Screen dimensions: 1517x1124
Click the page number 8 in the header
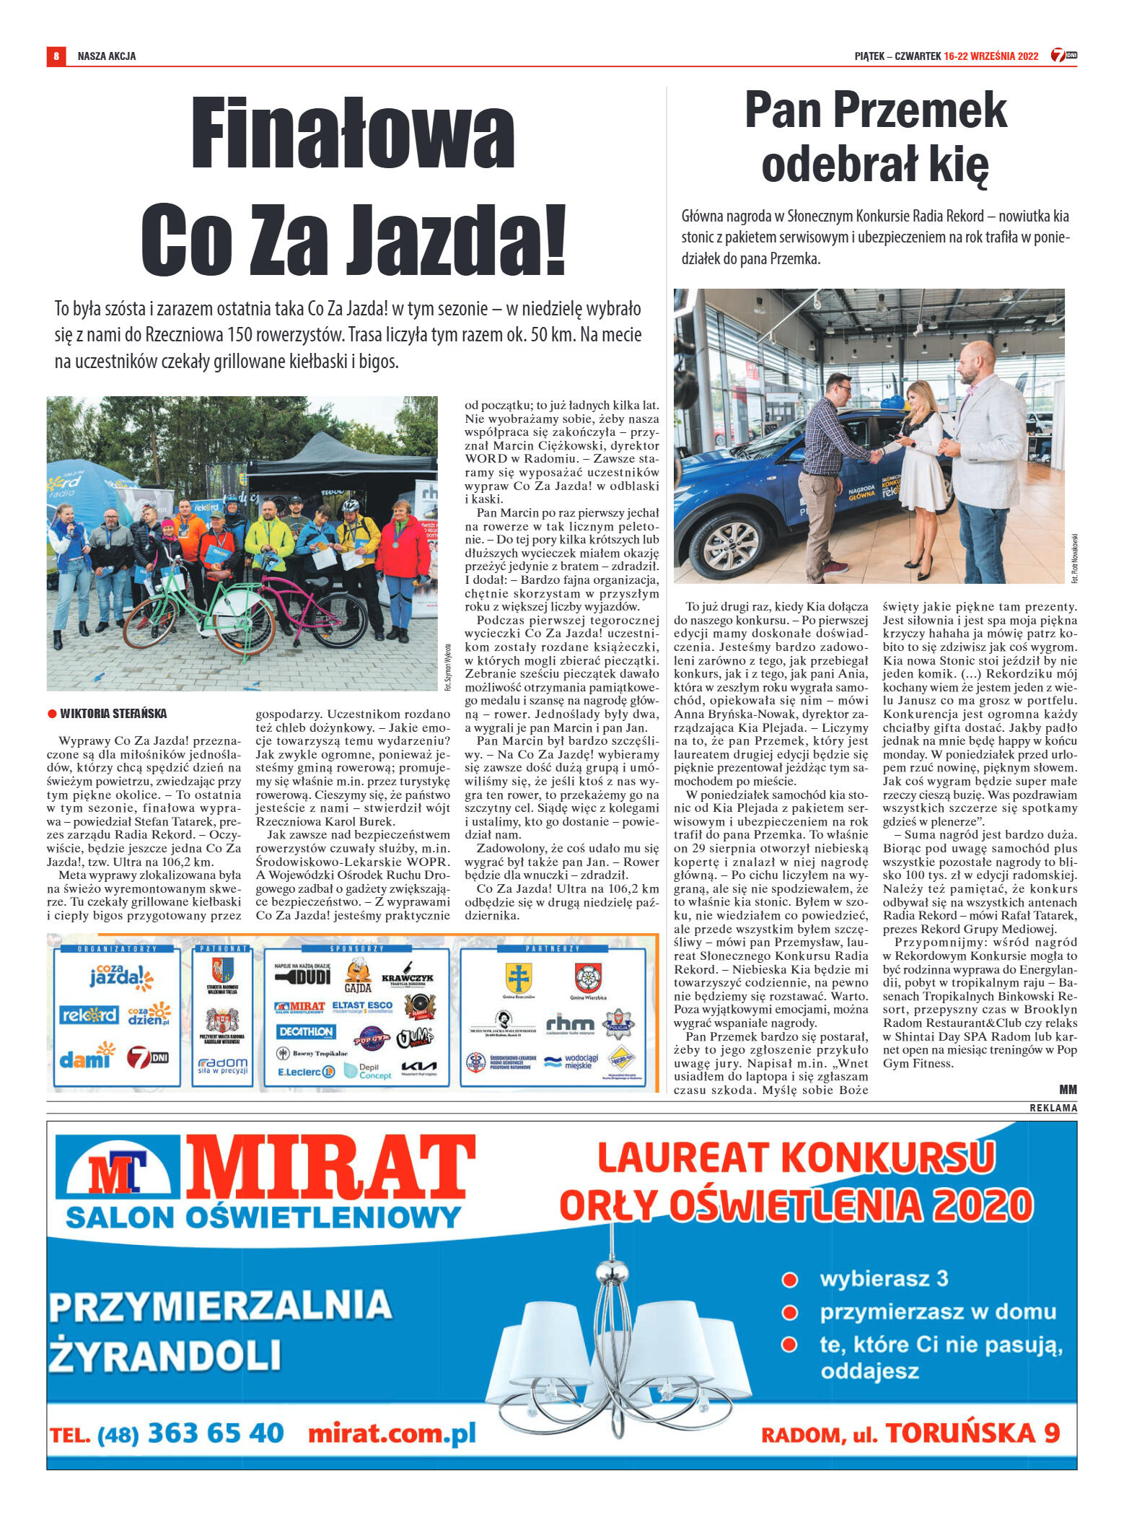point(56,56)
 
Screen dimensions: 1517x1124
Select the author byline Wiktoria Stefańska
point(113,714)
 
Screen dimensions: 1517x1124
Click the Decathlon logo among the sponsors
point(305,1031)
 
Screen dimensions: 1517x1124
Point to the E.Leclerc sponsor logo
point(306,1072)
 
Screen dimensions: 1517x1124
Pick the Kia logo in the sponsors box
point(419,1067)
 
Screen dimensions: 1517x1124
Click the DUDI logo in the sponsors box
point(303,976)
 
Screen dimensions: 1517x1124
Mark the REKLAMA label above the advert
point(1053,1108)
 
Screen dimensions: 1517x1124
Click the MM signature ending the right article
point(1068,1089)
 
